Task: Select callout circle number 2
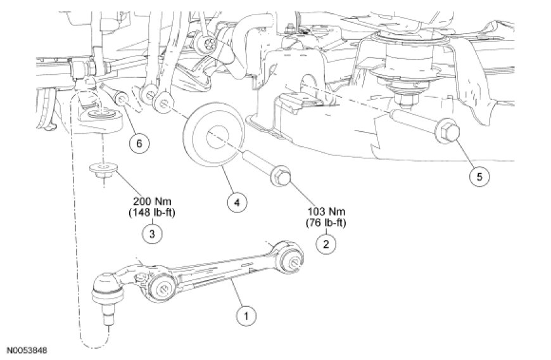point(326,242)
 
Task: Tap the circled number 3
point(151,233)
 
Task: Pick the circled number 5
point(479,176)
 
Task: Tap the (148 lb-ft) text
point(151,213)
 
